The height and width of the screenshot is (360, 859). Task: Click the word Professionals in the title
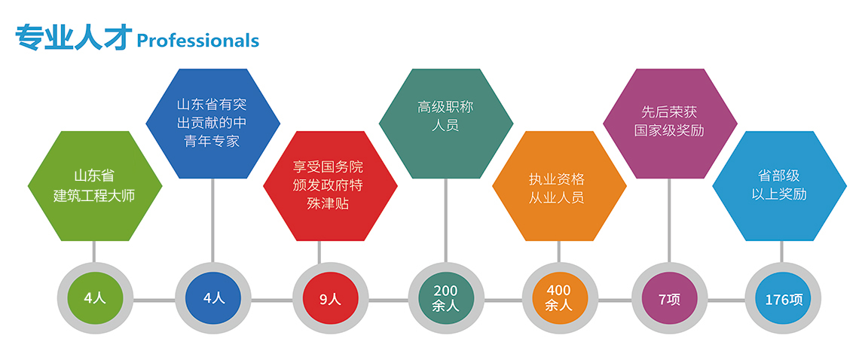point(197,41)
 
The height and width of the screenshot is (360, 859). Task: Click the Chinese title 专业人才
point(74,38)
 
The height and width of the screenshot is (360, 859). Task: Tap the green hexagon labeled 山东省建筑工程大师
point(94,186)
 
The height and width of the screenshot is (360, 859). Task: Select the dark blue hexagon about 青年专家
point(212,123)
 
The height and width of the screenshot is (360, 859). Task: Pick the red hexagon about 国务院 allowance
point(329,186)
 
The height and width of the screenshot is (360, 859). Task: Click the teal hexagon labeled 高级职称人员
point(445,123)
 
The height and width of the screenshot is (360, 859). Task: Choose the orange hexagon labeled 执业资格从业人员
point(558,186)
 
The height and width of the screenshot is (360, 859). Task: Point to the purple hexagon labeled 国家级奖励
point(669,123)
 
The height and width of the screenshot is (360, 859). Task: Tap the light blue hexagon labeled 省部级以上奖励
point(780,186)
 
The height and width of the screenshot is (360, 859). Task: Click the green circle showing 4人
point(94,298)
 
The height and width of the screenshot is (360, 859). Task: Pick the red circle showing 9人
point(329,298)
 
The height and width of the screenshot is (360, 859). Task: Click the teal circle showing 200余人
point(445,298)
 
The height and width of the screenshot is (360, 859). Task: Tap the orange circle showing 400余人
point(558,298)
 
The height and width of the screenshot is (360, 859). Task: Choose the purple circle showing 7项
point(669,298)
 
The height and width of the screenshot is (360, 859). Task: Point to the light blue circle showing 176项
point(783,298)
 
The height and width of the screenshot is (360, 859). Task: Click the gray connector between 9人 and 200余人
point(387,300)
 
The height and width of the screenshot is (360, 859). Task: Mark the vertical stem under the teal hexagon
point(445,218)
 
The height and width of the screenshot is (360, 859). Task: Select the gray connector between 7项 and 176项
point(726,300)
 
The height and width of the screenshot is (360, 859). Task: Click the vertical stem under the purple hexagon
point(669,218)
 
